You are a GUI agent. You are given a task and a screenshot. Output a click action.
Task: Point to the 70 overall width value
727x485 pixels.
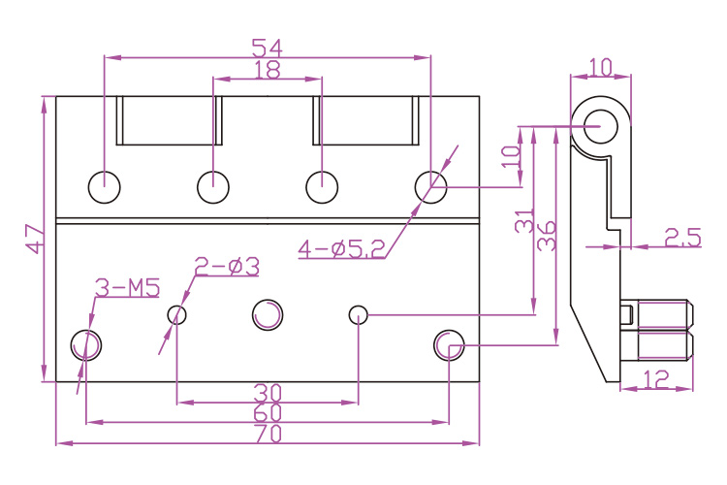point(268,435)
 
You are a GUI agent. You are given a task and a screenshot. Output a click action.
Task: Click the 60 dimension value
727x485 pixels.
point(268,413)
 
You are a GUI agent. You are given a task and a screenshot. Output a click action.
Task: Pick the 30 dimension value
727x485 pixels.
point(268,393)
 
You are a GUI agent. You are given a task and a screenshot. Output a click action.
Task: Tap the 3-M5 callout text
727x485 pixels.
point(127,287)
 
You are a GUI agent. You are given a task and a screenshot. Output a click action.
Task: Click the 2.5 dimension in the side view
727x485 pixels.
point(681,237)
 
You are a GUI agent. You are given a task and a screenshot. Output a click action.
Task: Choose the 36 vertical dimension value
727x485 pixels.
point(547,236)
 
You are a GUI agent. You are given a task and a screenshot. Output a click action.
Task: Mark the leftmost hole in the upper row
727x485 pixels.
point(104,186)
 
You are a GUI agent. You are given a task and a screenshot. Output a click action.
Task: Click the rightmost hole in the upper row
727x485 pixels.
point(430,186)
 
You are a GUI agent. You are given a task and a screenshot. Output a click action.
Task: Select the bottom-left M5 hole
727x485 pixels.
point(86,344)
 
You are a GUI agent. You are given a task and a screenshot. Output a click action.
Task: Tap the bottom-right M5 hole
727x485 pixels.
point(449,344)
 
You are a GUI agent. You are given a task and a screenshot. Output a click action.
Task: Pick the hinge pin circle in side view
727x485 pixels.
point(601,125)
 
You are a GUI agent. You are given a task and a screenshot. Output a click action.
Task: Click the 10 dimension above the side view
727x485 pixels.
point(600,68)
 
